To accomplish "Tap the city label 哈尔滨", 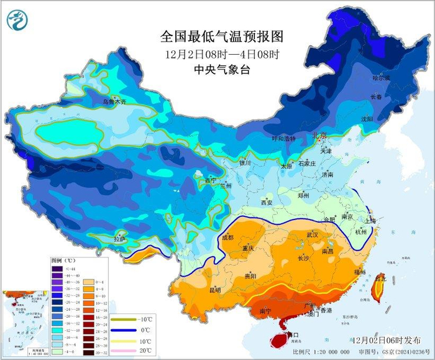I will coord(380,78).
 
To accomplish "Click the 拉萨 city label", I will coord(119,239).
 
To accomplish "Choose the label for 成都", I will coord(227,237).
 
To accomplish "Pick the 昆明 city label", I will coord(214,290).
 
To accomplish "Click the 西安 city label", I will coord(267,203).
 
